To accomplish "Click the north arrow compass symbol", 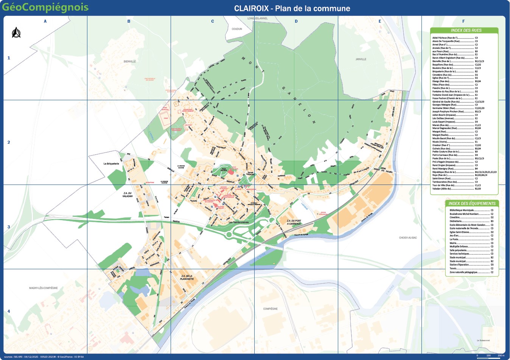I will pos(16,33).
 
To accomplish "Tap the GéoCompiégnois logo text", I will pos(46,8).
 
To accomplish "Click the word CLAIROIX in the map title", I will pos(252,8).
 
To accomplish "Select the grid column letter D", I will pos(296,21).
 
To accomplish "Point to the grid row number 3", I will pos(9,227).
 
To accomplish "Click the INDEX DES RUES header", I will pos(466,30).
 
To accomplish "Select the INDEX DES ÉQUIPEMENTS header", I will pos(472,203).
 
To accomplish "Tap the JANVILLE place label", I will pos(361,59).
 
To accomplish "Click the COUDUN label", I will pos(237,29).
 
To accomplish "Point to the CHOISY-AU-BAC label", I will pos(408,238).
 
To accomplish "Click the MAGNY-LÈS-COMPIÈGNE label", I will pos(44,288).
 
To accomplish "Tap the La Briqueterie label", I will pos(111,164).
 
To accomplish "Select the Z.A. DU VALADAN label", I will pos(127,194).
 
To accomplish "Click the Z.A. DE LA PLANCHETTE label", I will pos(187,278).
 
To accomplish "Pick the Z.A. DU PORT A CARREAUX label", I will pos(294,222).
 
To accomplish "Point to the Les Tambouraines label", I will pos(239,222).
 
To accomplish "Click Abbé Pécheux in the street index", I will pos(445,38).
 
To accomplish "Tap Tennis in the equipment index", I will pos(453,268).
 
